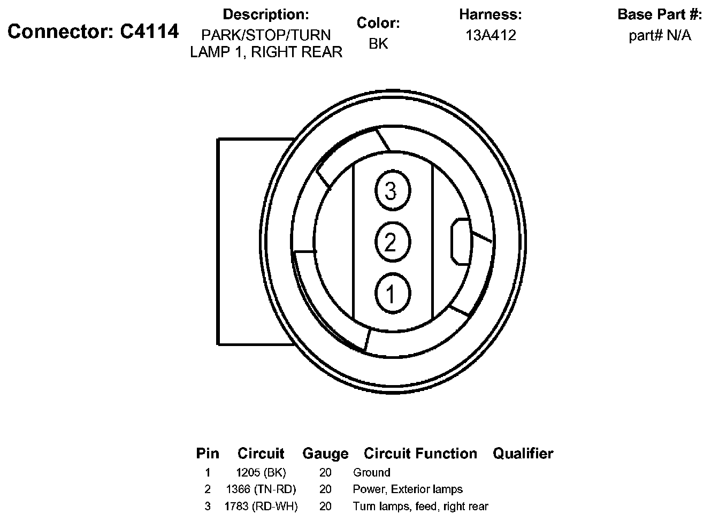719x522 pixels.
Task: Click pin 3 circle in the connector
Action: pyautogui.click(x=392, y=190)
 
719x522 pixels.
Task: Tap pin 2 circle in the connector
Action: pyautogui.click(x=392, y=242)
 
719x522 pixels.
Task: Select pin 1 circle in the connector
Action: pyautogui.click(x=392, y=293)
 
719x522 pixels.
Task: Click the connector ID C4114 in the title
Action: pyautogui.click(x=149, y=32)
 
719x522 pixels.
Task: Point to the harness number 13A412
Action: pyautogui.click(x=491, y=35)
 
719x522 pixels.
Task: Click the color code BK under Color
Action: pyautogui.click(x=378, y=44)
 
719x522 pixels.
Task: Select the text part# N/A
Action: pyautogui.click(x=660, y=35)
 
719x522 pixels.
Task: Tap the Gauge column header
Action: pyautogui.click(x=325, y=454)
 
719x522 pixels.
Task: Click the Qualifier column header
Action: pyautogui.click(x=523, y=454)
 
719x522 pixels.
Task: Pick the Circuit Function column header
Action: pyautogui.click(x=420, y=454)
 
